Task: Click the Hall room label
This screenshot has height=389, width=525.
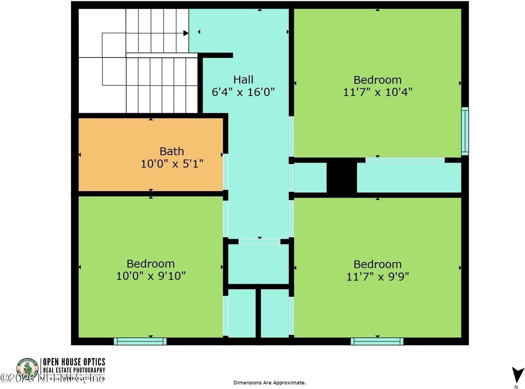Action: click(x=243, y=80)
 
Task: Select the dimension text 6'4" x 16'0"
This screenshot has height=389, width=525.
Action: click(x=243, y=92)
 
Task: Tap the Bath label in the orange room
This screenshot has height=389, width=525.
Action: click(x=172, y=151)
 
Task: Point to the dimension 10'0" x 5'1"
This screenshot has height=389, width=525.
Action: click(x=172, y=164)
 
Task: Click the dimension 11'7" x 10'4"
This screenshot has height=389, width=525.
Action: click(x=378, y=92)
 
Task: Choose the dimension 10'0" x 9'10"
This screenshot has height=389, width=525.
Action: click(x=151, y=276)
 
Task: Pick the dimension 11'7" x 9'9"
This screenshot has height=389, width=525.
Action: click(x=378, y=276)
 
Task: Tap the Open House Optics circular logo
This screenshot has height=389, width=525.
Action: click(x=27, y=368)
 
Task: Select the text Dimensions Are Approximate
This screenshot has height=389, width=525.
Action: click(x=269, y=382)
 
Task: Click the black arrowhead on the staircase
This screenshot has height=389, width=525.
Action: click(x=186, y=33)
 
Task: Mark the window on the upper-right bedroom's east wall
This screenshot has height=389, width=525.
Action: click(x=465, y=131)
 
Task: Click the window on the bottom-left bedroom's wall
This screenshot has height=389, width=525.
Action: click(x=140, y=341)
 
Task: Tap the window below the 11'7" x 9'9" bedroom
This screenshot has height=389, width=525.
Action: click(x=377, y=341)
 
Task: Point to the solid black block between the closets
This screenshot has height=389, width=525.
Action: click(x=341, y=177)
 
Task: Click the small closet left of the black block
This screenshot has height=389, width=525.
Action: click(x=310, y=177)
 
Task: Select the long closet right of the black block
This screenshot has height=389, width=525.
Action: click(x=409, y=178)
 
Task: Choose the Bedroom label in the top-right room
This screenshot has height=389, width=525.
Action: click(x=378, y=80)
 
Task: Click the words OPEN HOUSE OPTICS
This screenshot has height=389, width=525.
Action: click(x=74, y=362)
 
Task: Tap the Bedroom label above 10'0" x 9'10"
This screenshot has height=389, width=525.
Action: click(x=151, y=263)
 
